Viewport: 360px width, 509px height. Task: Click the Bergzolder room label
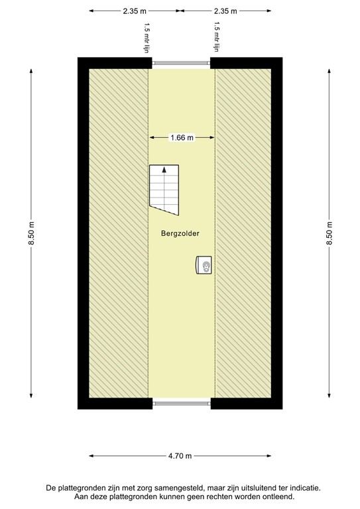pyautogui.click(x=180, y=234)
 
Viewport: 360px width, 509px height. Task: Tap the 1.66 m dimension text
pyautogui.click(x=182, y=138)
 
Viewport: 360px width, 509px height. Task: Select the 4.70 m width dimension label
pyautogui.click(x=180, y=456)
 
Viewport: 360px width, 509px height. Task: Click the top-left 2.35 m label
pyautogui.click(x=134, y=11)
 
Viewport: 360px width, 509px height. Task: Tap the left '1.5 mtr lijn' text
pyautogui.click(x=147, y=36)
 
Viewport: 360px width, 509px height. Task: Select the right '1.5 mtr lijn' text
pyautogui.click(x=216, y=36)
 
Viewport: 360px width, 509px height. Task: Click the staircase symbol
pyautogui.click(x=164, y=190)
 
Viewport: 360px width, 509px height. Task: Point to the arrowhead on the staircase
pyautogui.click(x=164, y=170)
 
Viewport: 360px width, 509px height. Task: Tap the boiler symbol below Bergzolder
pyautogui.click(x=204, y=265)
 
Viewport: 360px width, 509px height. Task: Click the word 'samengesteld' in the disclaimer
pyautogui.click(x=174, y=487)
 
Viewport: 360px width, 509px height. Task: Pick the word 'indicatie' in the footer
pyautogui.click(x=302, y=487)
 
